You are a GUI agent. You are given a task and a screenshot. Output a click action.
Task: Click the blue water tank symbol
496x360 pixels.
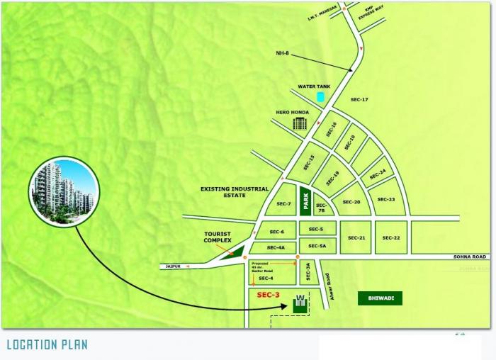320,96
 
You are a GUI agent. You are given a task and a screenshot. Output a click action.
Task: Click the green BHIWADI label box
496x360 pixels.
380,298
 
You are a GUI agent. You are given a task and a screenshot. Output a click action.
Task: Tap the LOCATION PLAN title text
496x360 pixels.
47,345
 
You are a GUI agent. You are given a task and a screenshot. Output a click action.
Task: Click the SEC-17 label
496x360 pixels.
359,99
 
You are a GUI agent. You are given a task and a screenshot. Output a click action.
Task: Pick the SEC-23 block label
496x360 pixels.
386,200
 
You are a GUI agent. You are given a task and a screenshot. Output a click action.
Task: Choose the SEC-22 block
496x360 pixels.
391,238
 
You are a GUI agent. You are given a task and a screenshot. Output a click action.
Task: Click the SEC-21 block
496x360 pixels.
356,238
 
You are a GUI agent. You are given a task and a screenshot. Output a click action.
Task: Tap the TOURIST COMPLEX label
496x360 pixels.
218,237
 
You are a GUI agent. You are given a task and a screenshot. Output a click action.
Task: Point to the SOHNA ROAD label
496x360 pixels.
472,257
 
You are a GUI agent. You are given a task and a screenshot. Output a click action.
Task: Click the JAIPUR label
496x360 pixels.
174,266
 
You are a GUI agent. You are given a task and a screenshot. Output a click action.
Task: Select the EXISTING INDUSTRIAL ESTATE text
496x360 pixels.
235,192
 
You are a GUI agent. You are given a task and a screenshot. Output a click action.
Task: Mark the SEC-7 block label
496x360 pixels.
284,204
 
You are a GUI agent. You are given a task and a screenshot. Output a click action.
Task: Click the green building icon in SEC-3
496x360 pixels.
300,303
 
